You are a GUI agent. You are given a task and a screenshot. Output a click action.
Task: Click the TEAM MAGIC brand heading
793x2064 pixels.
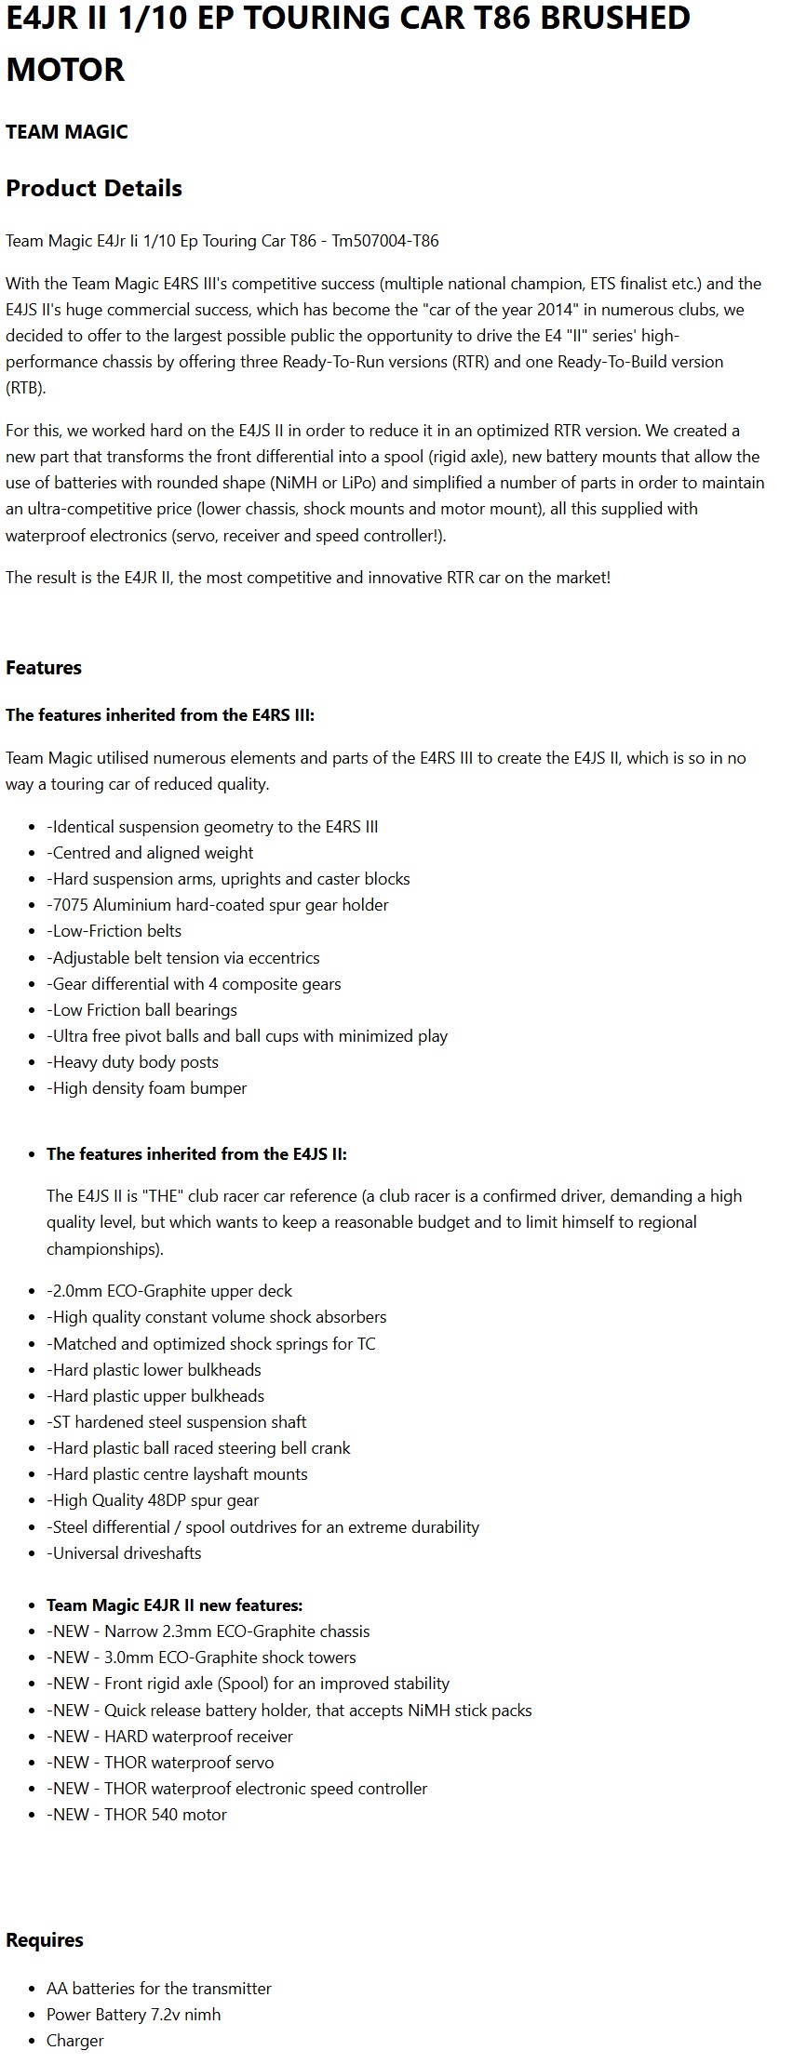tap(67, 132)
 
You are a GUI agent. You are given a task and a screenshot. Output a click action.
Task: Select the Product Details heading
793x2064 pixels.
tap(94, 188)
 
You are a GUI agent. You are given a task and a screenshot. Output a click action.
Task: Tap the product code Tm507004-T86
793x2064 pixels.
tap(384, 241)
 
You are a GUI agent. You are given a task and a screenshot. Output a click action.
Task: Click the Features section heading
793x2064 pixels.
tap(44, 668)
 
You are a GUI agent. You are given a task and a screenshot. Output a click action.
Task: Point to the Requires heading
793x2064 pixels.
tap(45, 1939)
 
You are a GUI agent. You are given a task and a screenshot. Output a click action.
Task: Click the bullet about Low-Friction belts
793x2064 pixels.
tap(114, 931)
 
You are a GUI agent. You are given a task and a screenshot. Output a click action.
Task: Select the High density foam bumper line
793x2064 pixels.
tap(147, 1088)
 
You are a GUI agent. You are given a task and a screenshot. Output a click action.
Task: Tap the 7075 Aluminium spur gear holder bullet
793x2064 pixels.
tap(218, 905)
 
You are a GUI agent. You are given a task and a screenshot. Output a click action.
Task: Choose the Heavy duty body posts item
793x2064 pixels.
tap(133, 1062)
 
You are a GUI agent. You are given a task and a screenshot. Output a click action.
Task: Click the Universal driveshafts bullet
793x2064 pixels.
tap(124, 1552)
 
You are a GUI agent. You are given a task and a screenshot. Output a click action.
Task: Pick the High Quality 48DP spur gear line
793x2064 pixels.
tap(153, 1500)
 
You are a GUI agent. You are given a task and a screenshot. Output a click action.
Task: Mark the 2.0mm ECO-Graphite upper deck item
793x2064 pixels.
tap(169, 1291)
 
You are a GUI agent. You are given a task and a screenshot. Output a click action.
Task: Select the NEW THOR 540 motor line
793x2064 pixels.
tap(137, 1814)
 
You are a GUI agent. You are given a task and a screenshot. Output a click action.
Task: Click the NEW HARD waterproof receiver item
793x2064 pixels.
tap(169, 1736)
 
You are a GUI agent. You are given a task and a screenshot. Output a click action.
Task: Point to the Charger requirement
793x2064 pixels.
tap(75, 2040)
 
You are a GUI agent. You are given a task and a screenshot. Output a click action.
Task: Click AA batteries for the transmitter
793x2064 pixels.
tap(159, 1988)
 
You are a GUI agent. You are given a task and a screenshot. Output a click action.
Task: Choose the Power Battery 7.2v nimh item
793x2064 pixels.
tap(134, 2014)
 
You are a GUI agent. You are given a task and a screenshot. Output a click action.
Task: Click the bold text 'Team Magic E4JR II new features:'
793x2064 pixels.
tap(175, 1605)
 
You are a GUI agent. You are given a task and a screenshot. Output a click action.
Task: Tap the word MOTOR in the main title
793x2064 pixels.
tap(65, 70)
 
